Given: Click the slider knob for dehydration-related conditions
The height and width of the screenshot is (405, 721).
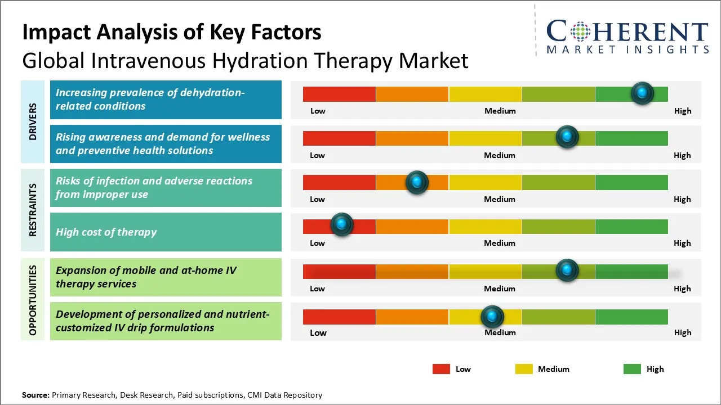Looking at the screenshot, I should [642, 93].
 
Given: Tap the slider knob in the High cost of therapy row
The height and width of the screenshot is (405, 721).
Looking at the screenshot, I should [341, 224].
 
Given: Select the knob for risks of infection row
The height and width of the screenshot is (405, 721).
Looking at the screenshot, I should [417, 182].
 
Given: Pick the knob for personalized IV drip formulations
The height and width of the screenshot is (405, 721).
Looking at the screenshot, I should [492, 317].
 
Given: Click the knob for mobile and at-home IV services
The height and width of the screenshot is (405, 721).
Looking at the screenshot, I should [567, 271].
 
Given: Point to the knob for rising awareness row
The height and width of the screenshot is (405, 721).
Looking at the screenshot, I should [567, 137].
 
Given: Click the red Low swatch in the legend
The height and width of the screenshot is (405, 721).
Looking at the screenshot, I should [441, 369].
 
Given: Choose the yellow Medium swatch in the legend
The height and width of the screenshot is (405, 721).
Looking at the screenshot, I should [524, 369].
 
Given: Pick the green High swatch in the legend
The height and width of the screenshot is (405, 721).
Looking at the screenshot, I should [632, 369].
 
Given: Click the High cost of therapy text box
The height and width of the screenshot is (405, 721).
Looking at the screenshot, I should [166, 232].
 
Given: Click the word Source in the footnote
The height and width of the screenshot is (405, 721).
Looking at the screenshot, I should [35, 395].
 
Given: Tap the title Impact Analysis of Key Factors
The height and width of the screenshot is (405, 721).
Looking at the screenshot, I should [172, 33].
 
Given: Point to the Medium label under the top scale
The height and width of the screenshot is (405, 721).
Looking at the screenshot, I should [500, 111].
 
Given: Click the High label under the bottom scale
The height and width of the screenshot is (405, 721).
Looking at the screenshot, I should [683, 332].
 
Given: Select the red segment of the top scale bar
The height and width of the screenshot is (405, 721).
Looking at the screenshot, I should [339, 94].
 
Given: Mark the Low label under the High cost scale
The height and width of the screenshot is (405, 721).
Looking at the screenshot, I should [318, 243].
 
